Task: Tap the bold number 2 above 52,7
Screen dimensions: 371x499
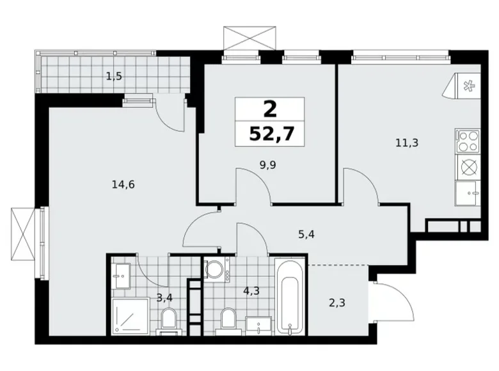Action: tap(269, 109)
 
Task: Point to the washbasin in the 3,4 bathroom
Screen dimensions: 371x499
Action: tap(120, 276)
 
